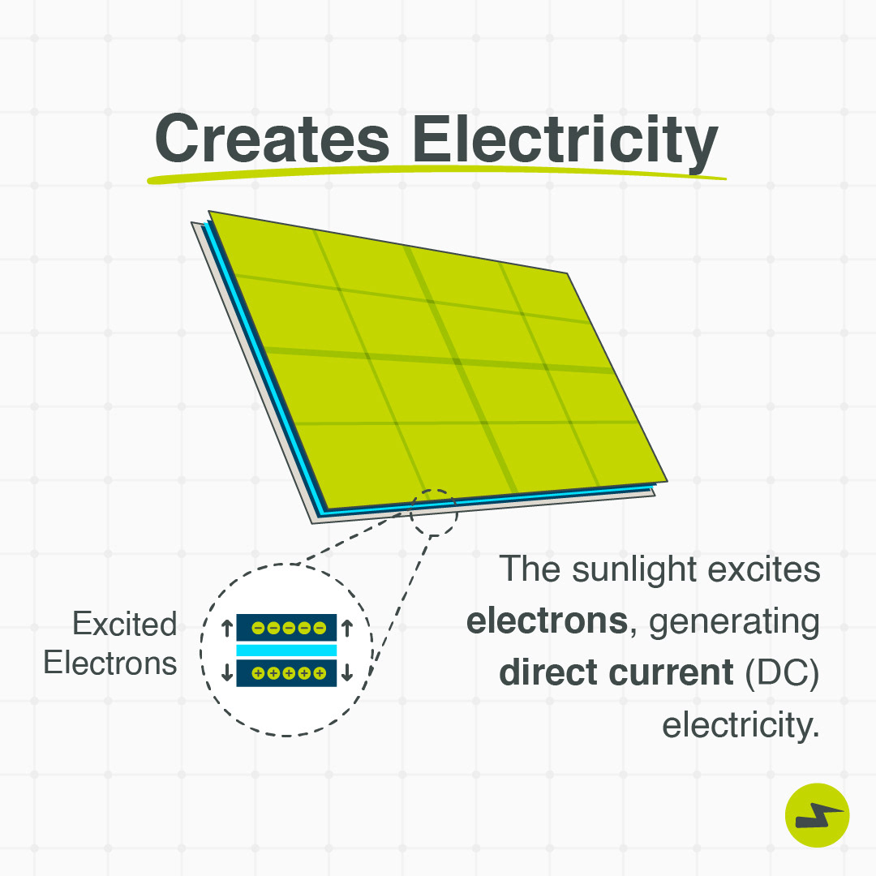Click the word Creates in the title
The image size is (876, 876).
pos(272,139)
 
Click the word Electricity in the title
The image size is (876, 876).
pos(565,143)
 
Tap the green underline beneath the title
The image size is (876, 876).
pos(436,174)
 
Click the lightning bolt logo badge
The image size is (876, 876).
pos(818,815)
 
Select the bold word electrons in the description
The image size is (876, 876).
pos(547,620)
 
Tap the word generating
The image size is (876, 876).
pos(734,622)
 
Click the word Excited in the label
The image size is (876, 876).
pos(125,624)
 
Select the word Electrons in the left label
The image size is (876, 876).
pos(110,663)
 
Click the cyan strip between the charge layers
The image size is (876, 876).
pos(286,650)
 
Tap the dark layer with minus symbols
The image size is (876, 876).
pos(286,627)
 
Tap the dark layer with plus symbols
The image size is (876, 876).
pos(286,672)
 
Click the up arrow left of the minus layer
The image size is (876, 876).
pos(227,628)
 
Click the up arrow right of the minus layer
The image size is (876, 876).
pos(347,628)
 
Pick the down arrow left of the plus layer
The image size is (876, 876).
pos(227,672)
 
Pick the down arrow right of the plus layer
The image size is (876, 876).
pos(347,672)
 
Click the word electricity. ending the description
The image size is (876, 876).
pos(741,725)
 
